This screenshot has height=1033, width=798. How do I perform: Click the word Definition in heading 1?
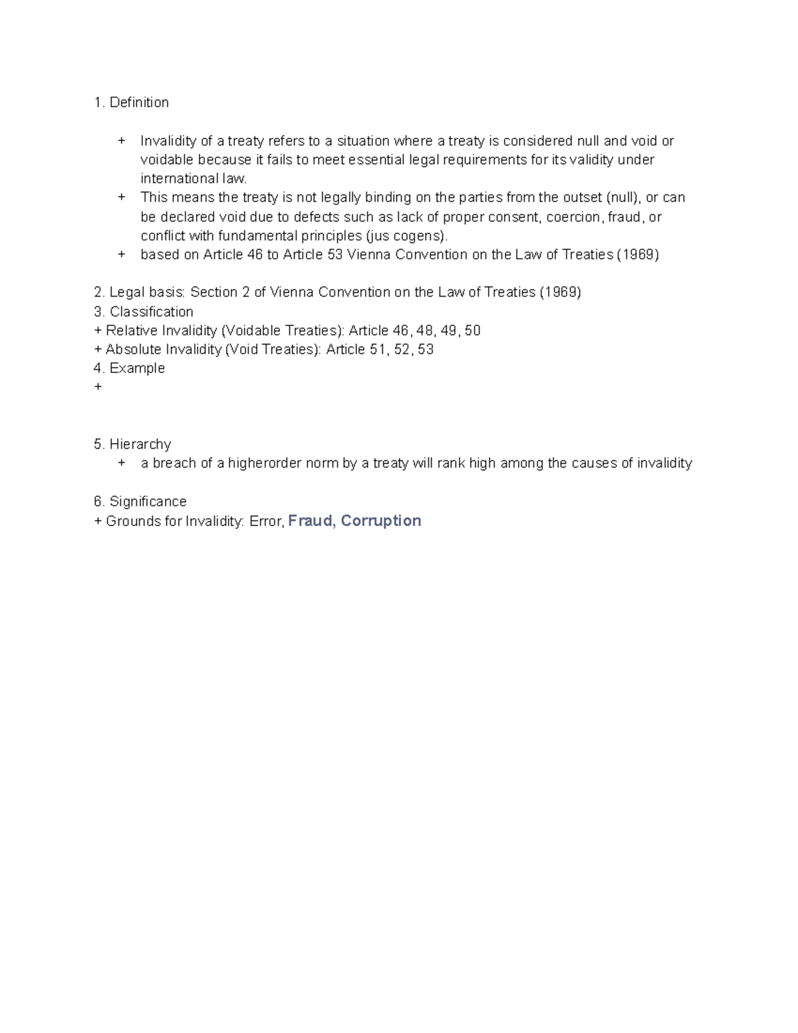point(139,102)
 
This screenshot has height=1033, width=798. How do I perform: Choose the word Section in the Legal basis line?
point(214,293)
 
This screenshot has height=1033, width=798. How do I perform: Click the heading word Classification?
point(151,312)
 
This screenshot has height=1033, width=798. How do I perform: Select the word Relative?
point(132,331)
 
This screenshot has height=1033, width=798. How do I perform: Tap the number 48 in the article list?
point(424,331)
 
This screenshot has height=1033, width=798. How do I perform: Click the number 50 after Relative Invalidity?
point(472,331)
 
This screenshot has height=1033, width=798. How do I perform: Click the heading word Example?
point(137,369)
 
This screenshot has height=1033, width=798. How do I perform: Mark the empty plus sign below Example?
point(98,387)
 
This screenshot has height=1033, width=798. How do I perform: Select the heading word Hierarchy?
point(140,444)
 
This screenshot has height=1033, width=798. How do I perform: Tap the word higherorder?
point(264,464)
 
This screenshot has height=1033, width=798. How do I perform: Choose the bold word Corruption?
point(381,521)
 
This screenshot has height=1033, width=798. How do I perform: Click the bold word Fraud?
point(311,521)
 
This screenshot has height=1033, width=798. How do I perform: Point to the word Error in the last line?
point(267,521)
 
